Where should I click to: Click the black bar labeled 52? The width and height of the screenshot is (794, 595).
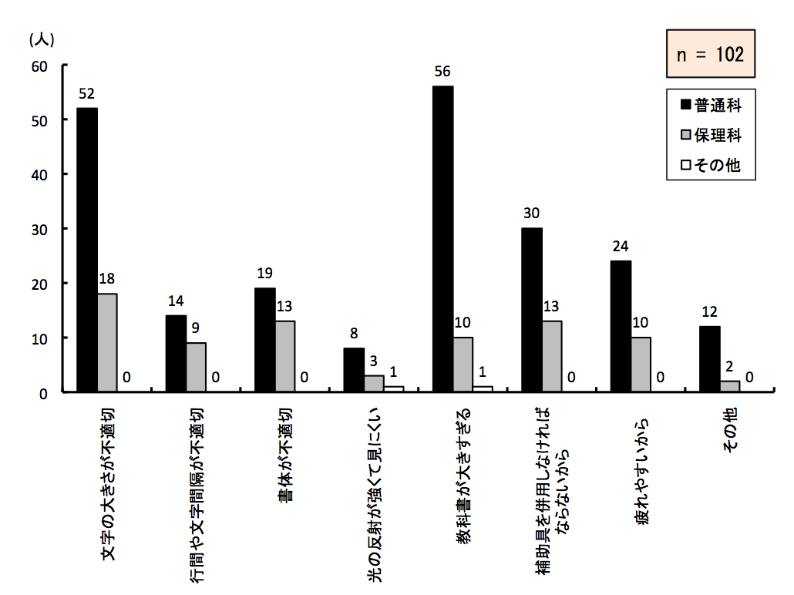[x=87, y=250]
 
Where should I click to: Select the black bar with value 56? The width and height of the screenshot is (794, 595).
[x=442, y=239]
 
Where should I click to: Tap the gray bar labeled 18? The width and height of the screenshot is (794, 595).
[x=108, y=342]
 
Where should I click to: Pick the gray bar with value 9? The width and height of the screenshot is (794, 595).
[x=197, y=367]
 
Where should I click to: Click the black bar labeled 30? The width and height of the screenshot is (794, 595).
[x=531, y=310]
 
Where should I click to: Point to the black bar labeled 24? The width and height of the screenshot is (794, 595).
[x=620, y=326]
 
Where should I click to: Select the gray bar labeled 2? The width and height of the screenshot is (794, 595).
[x=729, y=386]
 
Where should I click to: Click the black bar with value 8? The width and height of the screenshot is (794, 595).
[x=354, y=370]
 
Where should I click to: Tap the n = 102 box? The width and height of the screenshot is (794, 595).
[x=710, y=54]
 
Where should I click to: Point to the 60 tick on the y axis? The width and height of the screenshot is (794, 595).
[x=40, y=66]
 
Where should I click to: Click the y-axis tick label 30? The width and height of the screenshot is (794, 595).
[x=40, y=229]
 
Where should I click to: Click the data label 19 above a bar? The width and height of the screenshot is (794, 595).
[x=265, y=273]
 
